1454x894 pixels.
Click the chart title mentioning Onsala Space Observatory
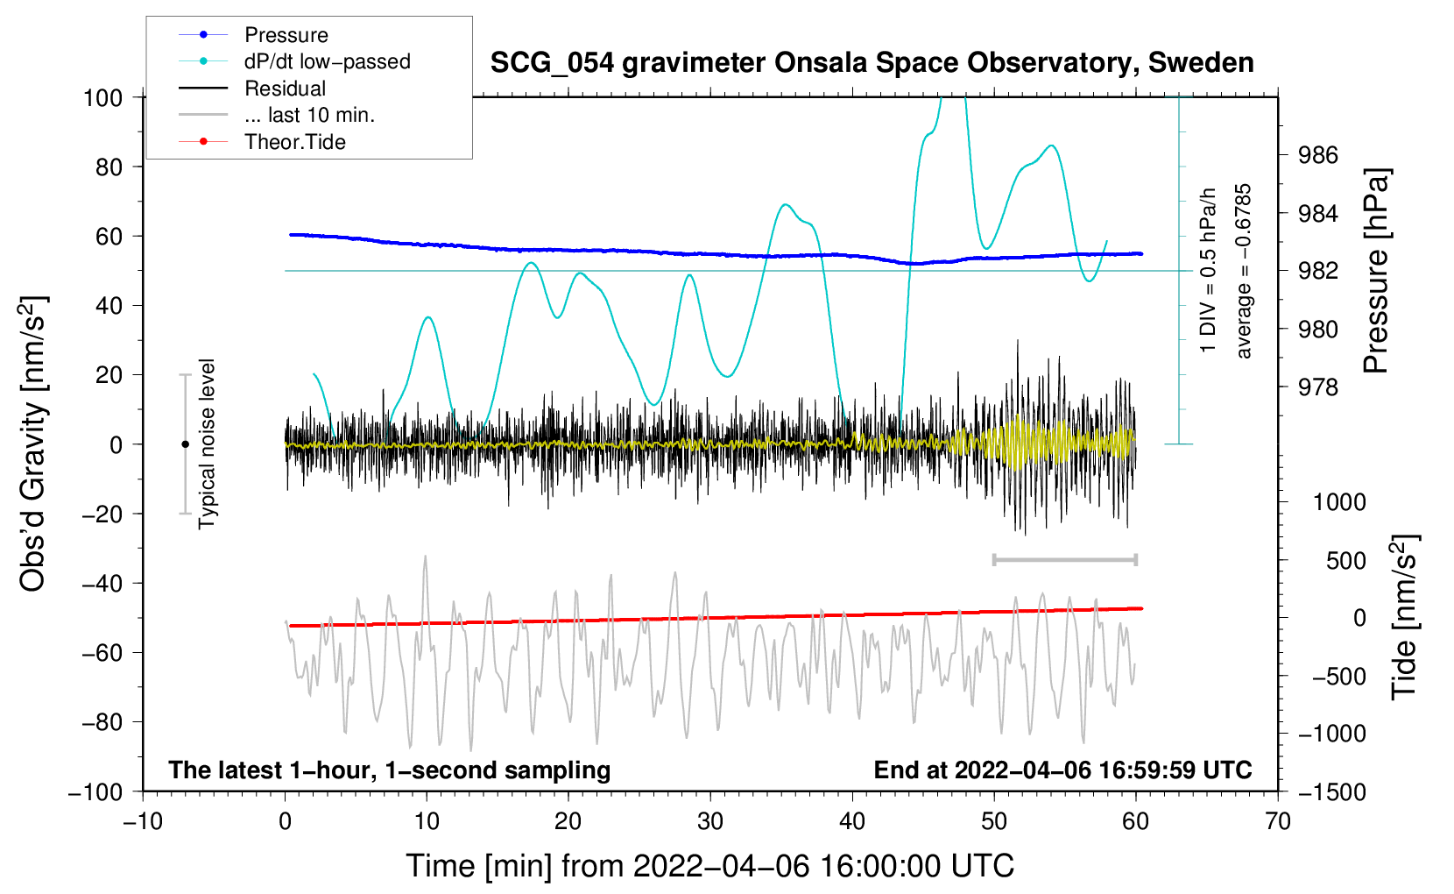click(872, 63)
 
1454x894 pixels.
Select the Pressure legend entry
click(286, 35)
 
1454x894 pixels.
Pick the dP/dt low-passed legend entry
click(327, 61)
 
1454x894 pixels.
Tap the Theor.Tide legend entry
click(294, 142)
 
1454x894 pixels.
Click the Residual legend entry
click(285, 89)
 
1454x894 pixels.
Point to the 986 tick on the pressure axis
click(1318, 156)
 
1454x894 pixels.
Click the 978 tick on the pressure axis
click(1318, 387)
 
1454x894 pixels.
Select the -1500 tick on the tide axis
click(1332, 792)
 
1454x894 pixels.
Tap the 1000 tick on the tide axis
click(1338, 502)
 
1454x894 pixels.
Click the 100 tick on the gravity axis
click(102, 97)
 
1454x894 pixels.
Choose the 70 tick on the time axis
click(1278, 821)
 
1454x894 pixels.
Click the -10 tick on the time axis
click(143, 821)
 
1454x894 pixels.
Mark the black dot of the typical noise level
click(185, 444)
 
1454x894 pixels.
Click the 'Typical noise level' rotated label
click(207, 443)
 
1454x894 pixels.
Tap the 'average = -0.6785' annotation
click(1244, 271)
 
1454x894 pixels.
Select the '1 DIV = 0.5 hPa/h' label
click(1209, 271)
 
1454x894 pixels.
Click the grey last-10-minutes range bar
click(1064, 559)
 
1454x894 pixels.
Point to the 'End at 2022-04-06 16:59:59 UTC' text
click(1062, 770)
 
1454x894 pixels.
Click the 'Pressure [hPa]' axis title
click(1377, 271)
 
